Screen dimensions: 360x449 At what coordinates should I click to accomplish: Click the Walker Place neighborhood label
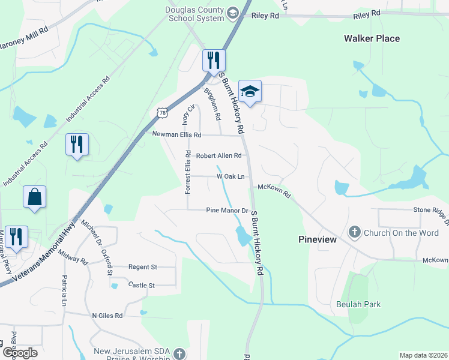(x=372, y=38)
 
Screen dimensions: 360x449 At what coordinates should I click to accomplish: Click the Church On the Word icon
(x=355, y=232)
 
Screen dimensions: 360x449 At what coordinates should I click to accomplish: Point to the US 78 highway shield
(x=161, y=112)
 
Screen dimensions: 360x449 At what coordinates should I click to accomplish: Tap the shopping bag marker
(x=34, y=197)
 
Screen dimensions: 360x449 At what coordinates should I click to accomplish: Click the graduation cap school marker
(x=250, y=92)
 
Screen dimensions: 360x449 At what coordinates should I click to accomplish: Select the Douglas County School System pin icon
(x=233, y=13)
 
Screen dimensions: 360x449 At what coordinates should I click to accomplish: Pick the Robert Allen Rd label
(x=218, y=155)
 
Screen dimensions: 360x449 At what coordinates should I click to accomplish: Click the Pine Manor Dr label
(x=227, y=211)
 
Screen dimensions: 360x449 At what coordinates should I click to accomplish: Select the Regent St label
(x=143, y=266)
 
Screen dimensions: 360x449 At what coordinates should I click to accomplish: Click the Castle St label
(x=142, y=285)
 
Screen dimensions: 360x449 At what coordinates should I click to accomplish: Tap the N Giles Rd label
(x=107, y=315)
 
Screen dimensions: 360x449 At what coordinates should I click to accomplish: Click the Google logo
(x=19, y=353)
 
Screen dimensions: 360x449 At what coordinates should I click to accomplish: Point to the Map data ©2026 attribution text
(x=423, y=355)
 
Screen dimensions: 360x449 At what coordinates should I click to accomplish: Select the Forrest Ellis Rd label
(x=188, y=172)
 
